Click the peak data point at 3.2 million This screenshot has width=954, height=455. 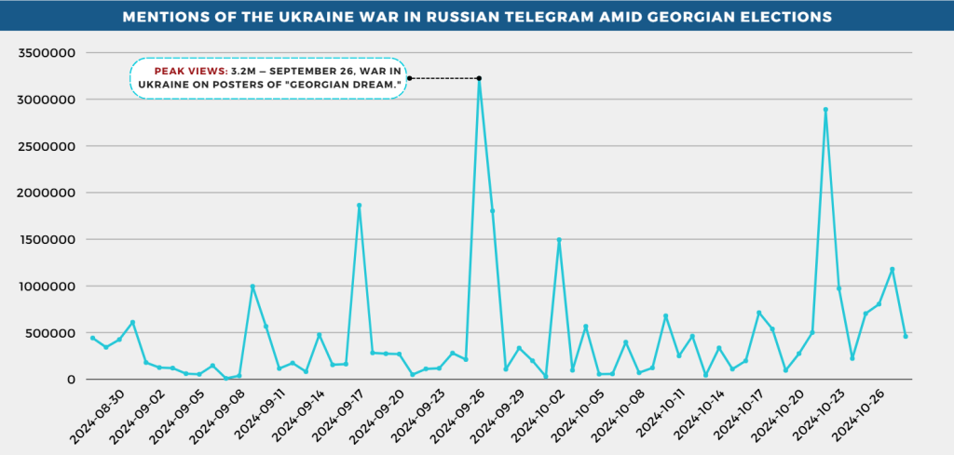[x=479, y=79]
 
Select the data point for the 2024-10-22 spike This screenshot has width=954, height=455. [x=825, y=110]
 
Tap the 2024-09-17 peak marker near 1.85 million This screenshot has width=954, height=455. [x=359, y=206]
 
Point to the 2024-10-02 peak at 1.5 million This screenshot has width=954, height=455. [x=559, y=239]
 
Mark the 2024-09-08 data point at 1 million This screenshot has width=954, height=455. [x=252, y=287]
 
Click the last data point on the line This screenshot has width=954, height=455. [x=906, y=336]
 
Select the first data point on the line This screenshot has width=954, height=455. [x=92, y=338]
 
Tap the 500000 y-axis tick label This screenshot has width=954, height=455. [x=52, y=332]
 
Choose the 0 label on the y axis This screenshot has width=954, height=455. [x=71, y=379]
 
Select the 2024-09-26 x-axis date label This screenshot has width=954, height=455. [x=445, y=414]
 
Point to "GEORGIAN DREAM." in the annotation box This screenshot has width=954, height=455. [x=346, y=85]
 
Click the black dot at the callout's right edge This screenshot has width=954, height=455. [x=410, y=78]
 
